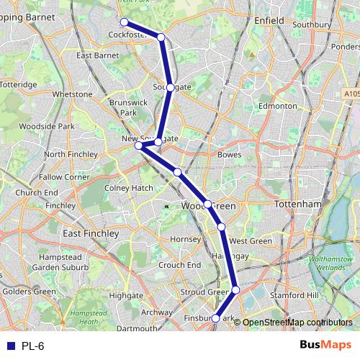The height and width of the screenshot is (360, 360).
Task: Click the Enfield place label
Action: point(269,22)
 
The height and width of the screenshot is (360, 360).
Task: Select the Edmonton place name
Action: point(277,106)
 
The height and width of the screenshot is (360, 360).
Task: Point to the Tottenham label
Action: point(297,204)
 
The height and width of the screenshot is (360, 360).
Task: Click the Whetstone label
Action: point(73,94)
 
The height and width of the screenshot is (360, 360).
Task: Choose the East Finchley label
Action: point(91,234)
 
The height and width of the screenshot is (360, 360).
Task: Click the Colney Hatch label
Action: point(129,188)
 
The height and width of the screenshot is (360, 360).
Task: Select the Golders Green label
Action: point(28,292)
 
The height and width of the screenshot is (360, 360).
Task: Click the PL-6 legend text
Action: point(33,346)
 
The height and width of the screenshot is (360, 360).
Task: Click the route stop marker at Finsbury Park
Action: point(216,318)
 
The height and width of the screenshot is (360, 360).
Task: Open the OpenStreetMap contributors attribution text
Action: point(297,322)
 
